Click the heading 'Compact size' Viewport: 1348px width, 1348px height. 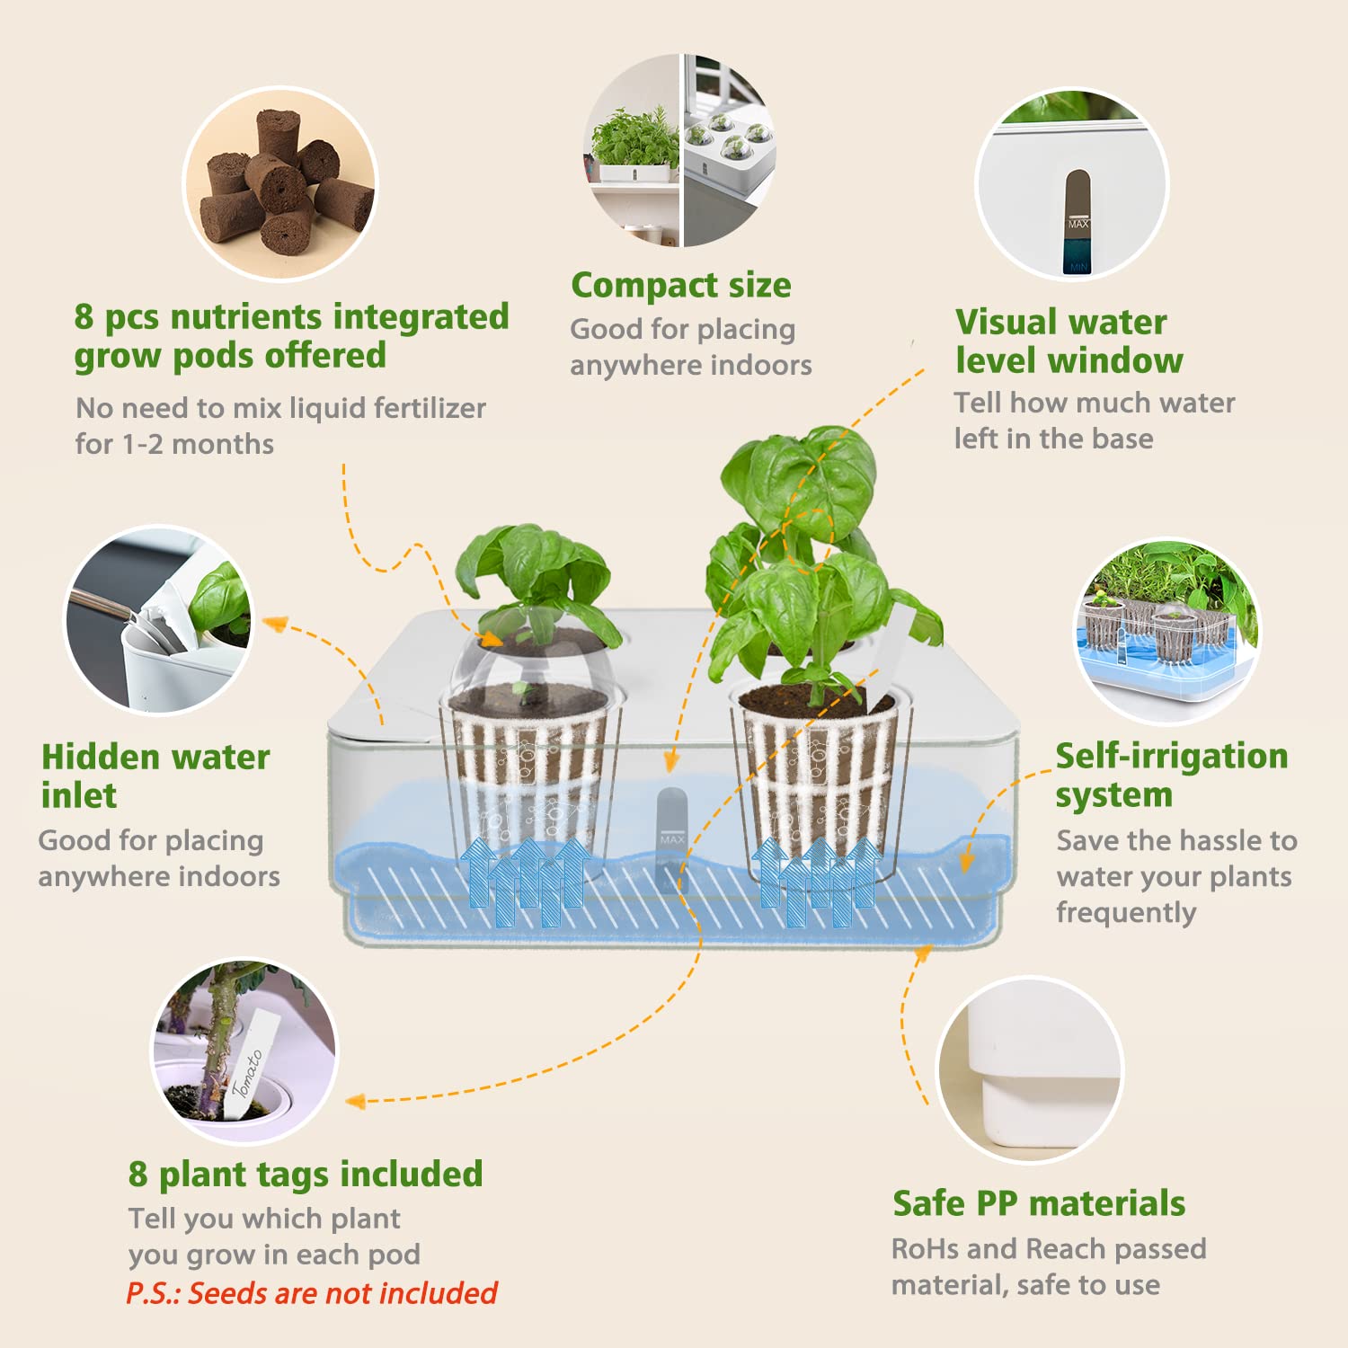[681, 286]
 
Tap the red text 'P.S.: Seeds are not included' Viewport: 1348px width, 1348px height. [311, 1293]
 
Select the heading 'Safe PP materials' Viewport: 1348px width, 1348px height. [1038, 1203]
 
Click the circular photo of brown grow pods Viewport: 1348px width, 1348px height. [280, 184]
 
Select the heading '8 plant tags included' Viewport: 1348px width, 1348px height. [306, 1174]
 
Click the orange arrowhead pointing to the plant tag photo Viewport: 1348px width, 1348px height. [356, 1101]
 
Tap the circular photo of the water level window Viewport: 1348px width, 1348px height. [1071, 184]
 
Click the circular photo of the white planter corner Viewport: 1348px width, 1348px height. [1030, 1069]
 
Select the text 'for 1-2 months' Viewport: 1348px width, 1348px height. [174, 444]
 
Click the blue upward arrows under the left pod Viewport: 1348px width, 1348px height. [526, 876]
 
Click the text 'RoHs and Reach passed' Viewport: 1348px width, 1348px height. [1048, 1248]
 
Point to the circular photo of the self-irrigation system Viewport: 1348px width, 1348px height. [1167, 630]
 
